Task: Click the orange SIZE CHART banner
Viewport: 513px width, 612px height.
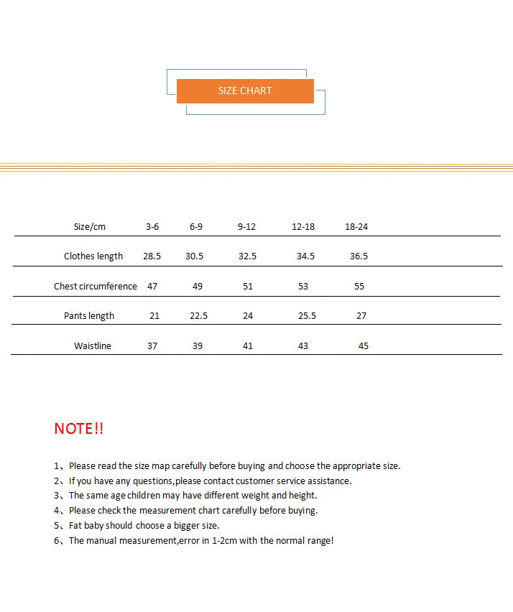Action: (x=245, y=91)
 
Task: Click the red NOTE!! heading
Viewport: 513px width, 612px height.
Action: (x=79, y=429)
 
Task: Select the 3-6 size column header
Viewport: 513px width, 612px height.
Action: (x=152, y=226)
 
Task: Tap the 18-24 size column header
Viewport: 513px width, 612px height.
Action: (x=356, y=226)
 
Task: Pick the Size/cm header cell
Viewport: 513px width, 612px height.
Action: (x=90, y=226)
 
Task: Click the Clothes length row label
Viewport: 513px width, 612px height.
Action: (x=93, y=256)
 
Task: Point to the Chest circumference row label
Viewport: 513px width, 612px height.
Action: (x=95, y=286)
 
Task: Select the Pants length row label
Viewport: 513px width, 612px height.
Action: (x=89, y=316)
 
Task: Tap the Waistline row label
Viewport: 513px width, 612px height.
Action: (x=93, y=346)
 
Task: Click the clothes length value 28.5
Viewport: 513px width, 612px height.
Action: (x=152, y=256)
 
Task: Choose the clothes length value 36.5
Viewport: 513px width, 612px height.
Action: (x=359, y=256)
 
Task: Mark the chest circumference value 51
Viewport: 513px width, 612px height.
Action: (x=248, y=286)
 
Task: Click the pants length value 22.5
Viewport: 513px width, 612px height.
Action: (x=198, y=316)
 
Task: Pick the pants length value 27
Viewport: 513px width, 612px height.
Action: (x=361, y=316)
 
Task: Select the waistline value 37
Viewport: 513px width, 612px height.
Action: (x=152, y=346)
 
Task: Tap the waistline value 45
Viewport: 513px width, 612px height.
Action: (x=364, y=346)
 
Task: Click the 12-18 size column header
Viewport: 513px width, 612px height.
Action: (x=303, y=226)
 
